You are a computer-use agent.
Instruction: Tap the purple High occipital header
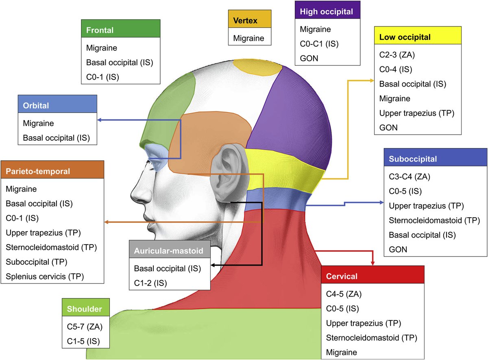coord(327,11)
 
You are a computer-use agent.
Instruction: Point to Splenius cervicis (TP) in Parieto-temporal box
coord(45,277)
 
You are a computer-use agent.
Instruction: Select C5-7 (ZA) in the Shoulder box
coord(85,326)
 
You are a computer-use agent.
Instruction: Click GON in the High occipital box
coord(309,58)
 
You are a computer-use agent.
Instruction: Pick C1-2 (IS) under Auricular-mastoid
coord(150,282)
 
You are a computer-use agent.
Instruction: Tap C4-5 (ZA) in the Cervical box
coord(344,294)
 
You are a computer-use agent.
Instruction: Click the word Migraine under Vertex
coord(248,38)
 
